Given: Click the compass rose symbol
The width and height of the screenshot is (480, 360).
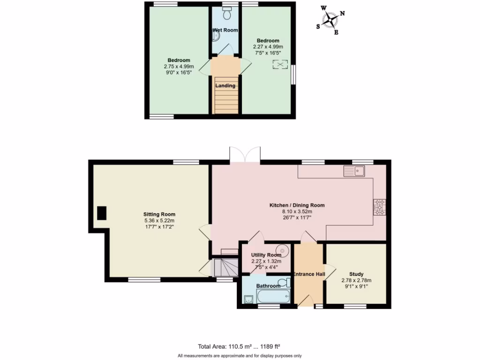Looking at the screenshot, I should pyautogui.click(x=331, y=20).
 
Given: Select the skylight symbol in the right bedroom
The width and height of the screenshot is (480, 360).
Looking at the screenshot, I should pyautogui.click(x=279, y=65).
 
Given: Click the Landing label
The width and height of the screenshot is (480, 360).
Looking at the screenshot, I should pyautogui.click(x=225, y=86).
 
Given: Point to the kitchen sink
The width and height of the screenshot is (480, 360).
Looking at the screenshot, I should pyautogui.click(x=355, y=171).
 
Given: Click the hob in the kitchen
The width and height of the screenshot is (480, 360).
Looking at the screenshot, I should pyautogui.click(x=379, y=207).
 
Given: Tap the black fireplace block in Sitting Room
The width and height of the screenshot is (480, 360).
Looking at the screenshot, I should pyautogui.click(x=102, y=213).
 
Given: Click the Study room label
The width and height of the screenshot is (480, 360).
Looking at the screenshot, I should pyautogui.click(x=356, y=274).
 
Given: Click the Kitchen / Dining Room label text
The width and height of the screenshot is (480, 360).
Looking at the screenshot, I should pyautogui.click(x=297, y=205).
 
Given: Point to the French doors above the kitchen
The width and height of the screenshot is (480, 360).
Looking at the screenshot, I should pyautogui.click(x=245, y=155).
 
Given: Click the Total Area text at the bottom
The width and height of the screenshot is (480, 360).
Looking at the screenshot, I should pyautogui.click(x=239, y=347).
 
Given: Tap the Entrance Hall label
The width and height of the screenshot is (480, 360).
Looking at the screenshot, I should pyautogui.click(x=309, y=274).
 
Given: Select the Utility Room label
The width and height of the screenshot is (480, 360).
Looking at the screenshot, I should pyautogui.click(x=266, y=255).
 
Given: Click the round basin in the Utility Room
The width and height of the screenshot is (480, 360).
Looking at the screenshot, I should pyautogui.click(x=283, y=250).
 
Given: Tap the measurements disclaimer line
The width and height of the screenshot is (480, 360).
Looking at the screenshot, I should pyautogui.click(x=240, y=356).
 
